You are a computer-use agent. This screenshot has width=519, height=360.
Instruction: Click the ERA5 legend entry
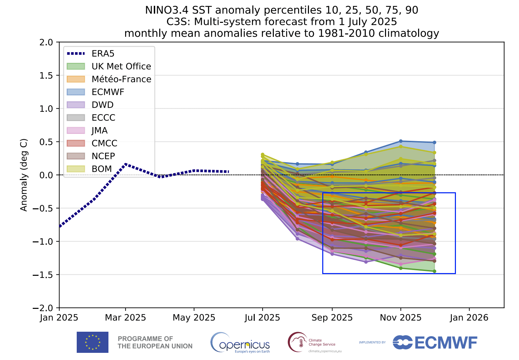[x=103, y=54]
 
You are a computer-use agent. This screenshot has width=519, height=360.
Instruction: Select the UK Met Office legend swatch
[x=76, y=66]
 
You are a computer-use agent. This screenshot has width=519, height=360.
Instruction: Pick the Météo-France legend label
[x=121, y=79]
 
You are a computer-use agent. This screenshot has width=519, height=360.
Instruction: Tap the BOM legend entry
[x=102, y=169]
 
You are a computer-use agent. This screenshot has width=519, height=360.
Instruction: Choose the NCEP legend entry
[x=103, y=156]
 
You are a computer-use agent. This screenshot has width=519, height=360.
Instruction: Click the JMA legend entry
[x=100, y=131]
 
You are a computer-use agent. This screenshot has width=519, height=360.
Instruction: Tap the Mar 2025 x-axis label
[x=125, y=318]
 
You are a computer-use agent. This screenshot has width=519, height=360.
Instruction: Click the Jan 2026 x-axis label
[x=469, y=318]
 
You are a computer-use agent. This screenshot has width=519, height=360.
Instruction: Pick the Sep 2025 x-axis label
[x=332, y=318]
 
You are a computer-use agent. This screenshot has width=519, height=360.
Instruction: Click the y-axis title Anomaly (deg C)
[x=24, y=175]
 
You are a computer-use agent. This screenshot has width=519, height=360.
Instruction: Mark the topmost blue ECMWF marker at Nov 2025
[x=401, y=141]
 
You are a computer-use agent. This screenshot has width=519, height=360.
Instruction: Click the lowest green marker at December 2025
[x=434, y=271]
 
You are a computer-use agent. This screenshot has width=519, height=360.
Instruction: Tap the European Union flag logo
[x=92, y=342]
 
